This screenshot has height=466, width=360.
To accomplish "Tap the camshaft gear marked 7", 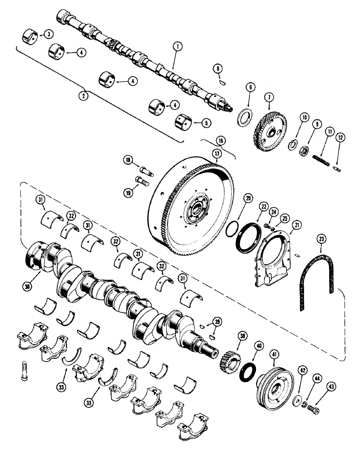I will (x=270, y=126).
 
